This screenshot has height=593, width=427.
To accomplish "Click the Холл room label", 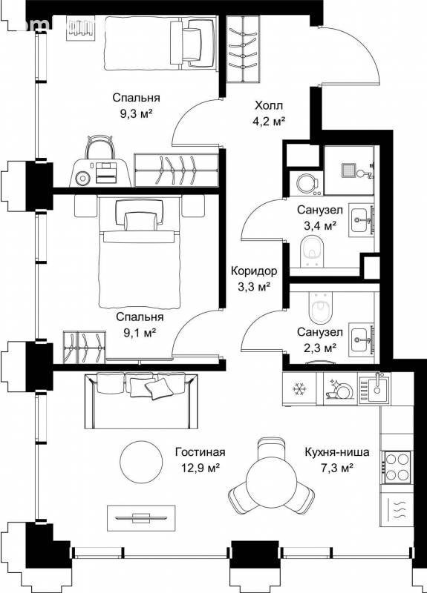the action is (269, 105).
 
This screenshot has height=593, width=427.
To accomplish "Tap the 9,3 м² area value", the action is (137, 113).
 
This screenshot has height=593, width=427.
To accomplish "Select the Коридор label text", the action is (254, 271).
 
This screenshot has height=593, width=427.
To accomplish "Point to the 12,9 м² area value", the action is (201, 468).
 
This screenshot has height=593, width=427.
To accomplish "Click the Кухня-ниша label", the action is (337, 452).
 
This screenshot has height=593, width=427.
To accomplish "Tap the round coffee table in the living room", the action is (141, 461).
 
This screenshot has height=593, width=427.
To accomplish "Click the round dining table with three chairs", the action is (270, 477).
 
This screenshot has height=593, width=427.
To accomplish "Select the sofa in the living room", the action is (141, 401).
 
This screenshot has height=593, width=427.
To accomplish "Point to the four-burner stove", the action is (397, 468).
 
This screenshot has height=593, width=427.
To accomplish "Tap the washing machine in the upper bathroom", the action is (307, 183).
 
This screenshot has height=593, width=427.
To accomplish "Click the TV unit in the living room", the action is (141, 518).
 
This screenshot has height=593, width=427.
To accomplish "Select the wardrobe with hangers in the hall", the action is (244, 48).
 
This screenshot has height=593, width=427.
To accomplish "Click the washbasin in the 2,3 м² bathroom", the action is (361, 339).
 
